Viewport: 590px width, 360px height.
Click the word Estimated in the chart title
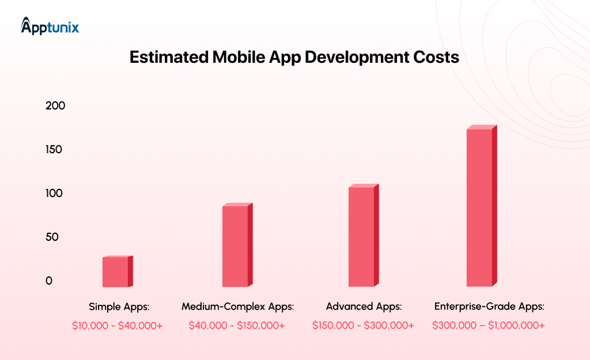[x=167, y=58]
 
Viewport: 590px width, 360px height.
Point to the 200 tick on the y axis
[x=55, y=106]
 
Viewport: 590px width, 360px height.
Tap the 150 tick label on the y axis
[x=55, y=150]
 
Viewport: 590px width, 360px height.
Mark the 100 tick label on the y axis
[x=55, y=194]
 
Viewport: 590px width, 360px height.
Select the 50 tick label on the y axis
[x=53, y=237]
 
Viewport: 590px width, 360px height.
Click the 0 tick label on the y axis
[x=49, y=281]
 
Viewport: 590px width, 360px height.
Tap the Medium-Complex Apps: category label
[x=237, y=306]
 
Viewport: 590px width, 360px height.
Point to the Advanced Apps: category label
[x=364, y=306]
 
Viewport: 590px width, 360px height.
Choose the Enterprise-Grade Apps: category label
[x=489, y=306]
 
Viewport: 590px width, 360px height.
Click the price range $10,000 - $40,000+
[x=118, y=325]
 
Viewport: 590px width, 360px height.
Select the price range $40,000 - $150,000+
[x=237, y=325]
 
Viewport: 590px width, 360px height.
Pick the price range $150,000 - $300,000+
[x=363, y=325]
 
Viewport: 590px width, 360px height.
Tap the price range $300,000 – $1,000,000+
[x=489, y=325]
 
